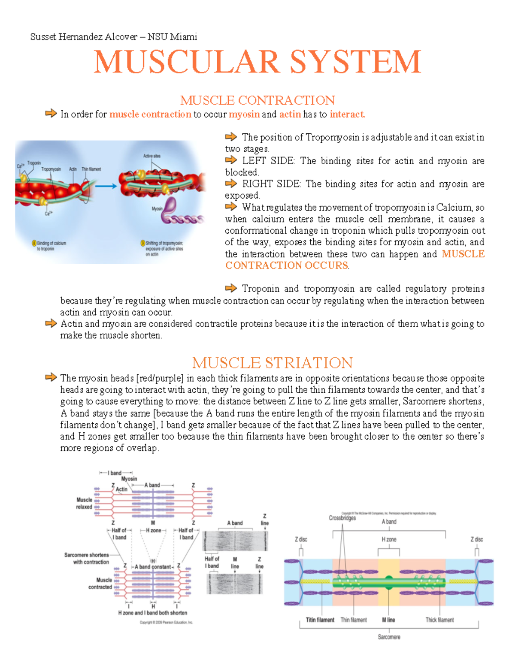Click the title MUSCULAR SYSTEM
click(x=257, y=62)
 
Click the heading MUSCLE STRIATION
click(x=272, y=363)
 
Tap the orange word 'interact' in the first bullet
click(x=347, y=115)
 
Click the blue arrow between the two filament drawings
click(x=106, y=186)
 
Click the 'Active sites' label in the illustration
click(x=152, y=156)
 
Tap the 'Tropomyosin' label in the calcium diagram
click(x=51, y=169)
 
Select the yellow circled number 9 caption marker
click(x=143, y=243)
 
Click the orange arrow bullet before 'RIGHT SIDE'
click(x=231, y=184)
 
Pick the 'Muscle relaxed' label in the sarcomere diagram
click(x=84, y=503)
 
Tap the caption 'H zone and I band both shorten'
click(x=152, y=613)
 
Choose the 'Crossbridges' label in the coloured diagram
click(x=342, y=518)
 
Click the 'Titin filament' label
click(x=320, y=620)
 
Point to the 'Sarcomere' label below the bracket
click(x=389, y=637)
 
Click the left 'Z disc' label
click(x=301, y=539)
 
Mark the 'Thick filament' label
click(x=439, y=620)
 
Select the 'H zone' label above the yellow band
click(x=389, y=539)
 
